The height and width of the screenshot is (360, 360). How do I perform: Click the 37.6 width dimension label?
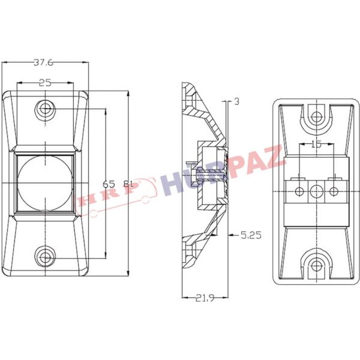coord(43,62)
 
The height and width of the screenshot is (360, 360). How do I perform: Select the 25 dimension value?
coord(45,83)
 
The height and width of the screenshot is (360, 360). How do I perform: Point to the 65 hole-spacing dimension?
coord(109,184)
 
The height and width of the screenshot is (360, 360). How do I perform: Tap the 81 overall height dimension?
coord(128,184)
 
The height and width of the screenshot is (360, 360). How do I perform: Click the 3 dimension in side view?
coord(237,101)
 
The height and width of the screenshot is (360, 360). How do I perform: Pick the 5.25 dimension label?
coord(251,235)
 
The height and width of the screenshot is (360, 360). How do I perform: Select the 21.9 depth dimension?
coord(205,298)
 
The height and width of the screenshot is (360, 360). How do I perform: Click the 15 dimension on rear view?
coord(316,144)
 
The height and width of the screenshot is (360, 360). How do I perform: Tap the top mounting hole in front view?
coord(45,109)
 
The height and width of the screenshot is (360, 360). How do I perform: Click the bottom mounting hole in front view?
coord(45,256)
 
